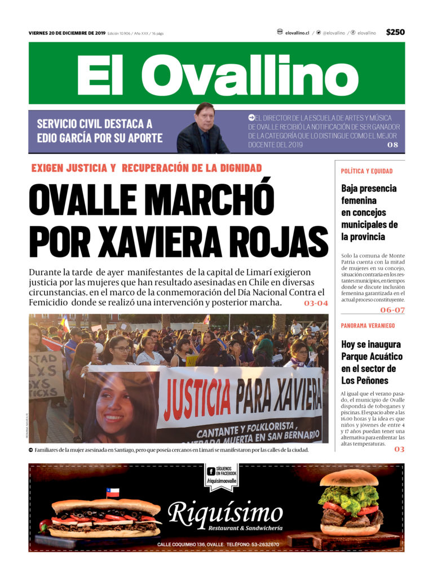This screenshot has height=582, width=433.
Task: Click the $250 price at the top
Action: (x=395, y=32)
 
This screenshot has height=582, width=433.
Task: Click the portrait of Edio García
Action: (x=202, y=129)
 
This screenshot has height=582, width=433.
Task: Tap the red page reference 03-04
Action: (x=316, y=303)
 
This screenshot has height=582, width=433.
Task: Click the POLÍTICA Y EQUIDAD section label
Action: (x=366, y=171)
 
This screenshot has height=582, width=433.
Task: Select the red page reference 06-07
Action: (x=392, y=310)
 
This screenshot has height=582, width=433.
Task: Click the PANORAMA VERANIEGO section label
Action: (x=368, y=326)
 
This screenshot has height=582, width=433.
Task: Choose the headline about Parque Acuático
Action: (x=371, y=362)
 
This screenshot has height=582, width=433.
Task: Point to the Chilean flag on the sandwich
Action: (x=113, y=492)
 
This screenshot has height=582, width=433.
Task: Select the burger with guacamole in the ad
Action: (x=350, y=504)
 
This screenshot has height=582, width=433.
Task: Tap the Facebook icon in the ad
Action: (x=211, y=471)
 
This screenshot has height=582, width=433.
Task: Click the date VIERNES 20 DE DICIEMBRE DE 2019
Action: (x=67, y=33)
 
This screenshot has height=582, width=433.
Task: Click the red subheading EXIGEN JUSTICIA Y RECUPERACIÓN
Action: (x=147, y=168)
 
